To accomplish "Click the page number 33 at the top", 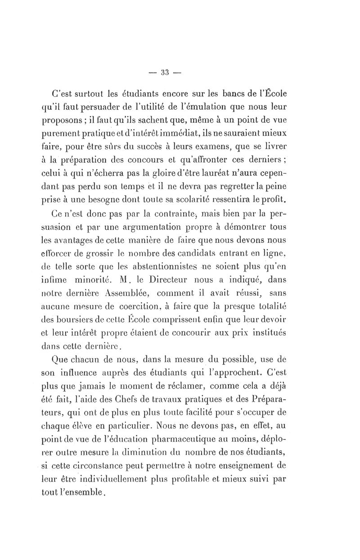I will point(164,72).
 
